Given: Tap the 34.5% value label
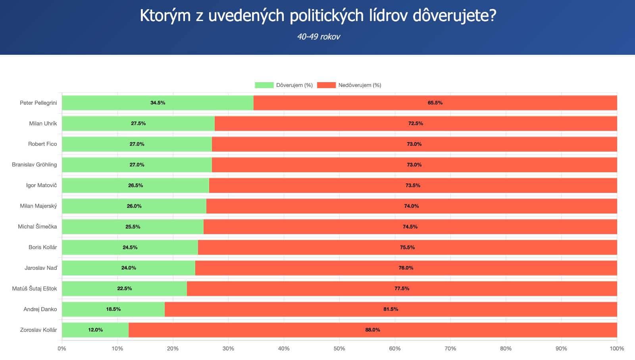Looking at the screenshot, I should tap(158, 103).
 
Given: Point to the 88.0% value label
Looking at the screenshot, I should tap(372, 330).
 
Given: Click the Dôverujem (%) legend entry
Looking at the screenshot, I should tap(284, 85).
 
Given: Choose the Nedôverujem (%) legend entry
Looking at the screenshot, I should tap(349, 85).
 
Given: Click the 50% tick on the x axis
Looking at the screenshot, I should tap(339, 348).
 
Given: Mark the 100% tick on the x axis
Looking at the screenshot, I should tap(617, 348).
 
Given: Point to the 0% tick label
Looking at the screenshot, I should tap(62, 348).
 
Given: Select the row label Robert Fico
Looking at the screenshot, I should tap(42, 144).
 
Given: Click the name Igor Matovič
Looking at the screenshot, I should tap(41, 185).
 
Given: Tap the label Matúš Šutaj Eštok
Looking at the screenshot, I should tap(35, 289).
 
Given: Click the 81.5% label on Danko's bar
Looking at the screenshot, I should tap(391, 309).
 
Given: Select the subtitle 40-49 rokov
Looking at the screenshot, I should tap(318, 37).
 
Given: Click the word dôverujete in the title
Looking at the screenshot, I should tap(454, 16).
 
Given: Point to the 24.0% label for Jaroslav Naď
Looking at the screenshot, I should tap(129, 268).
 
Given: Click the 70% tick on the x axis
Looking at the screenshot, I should tap(450, 348).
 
